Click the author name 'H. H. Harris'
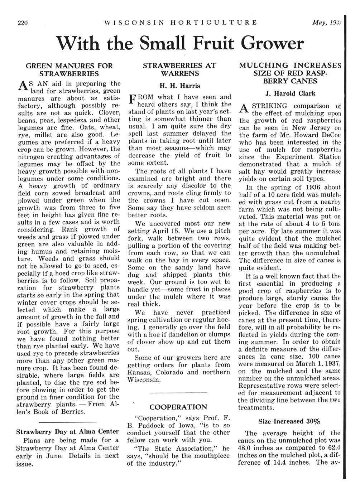tap(179, 86)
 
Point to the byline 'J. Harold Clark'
tap(291, 93)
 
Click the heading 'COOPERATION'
tap(178, 407)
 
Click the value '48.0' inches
tap(245, 447)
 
